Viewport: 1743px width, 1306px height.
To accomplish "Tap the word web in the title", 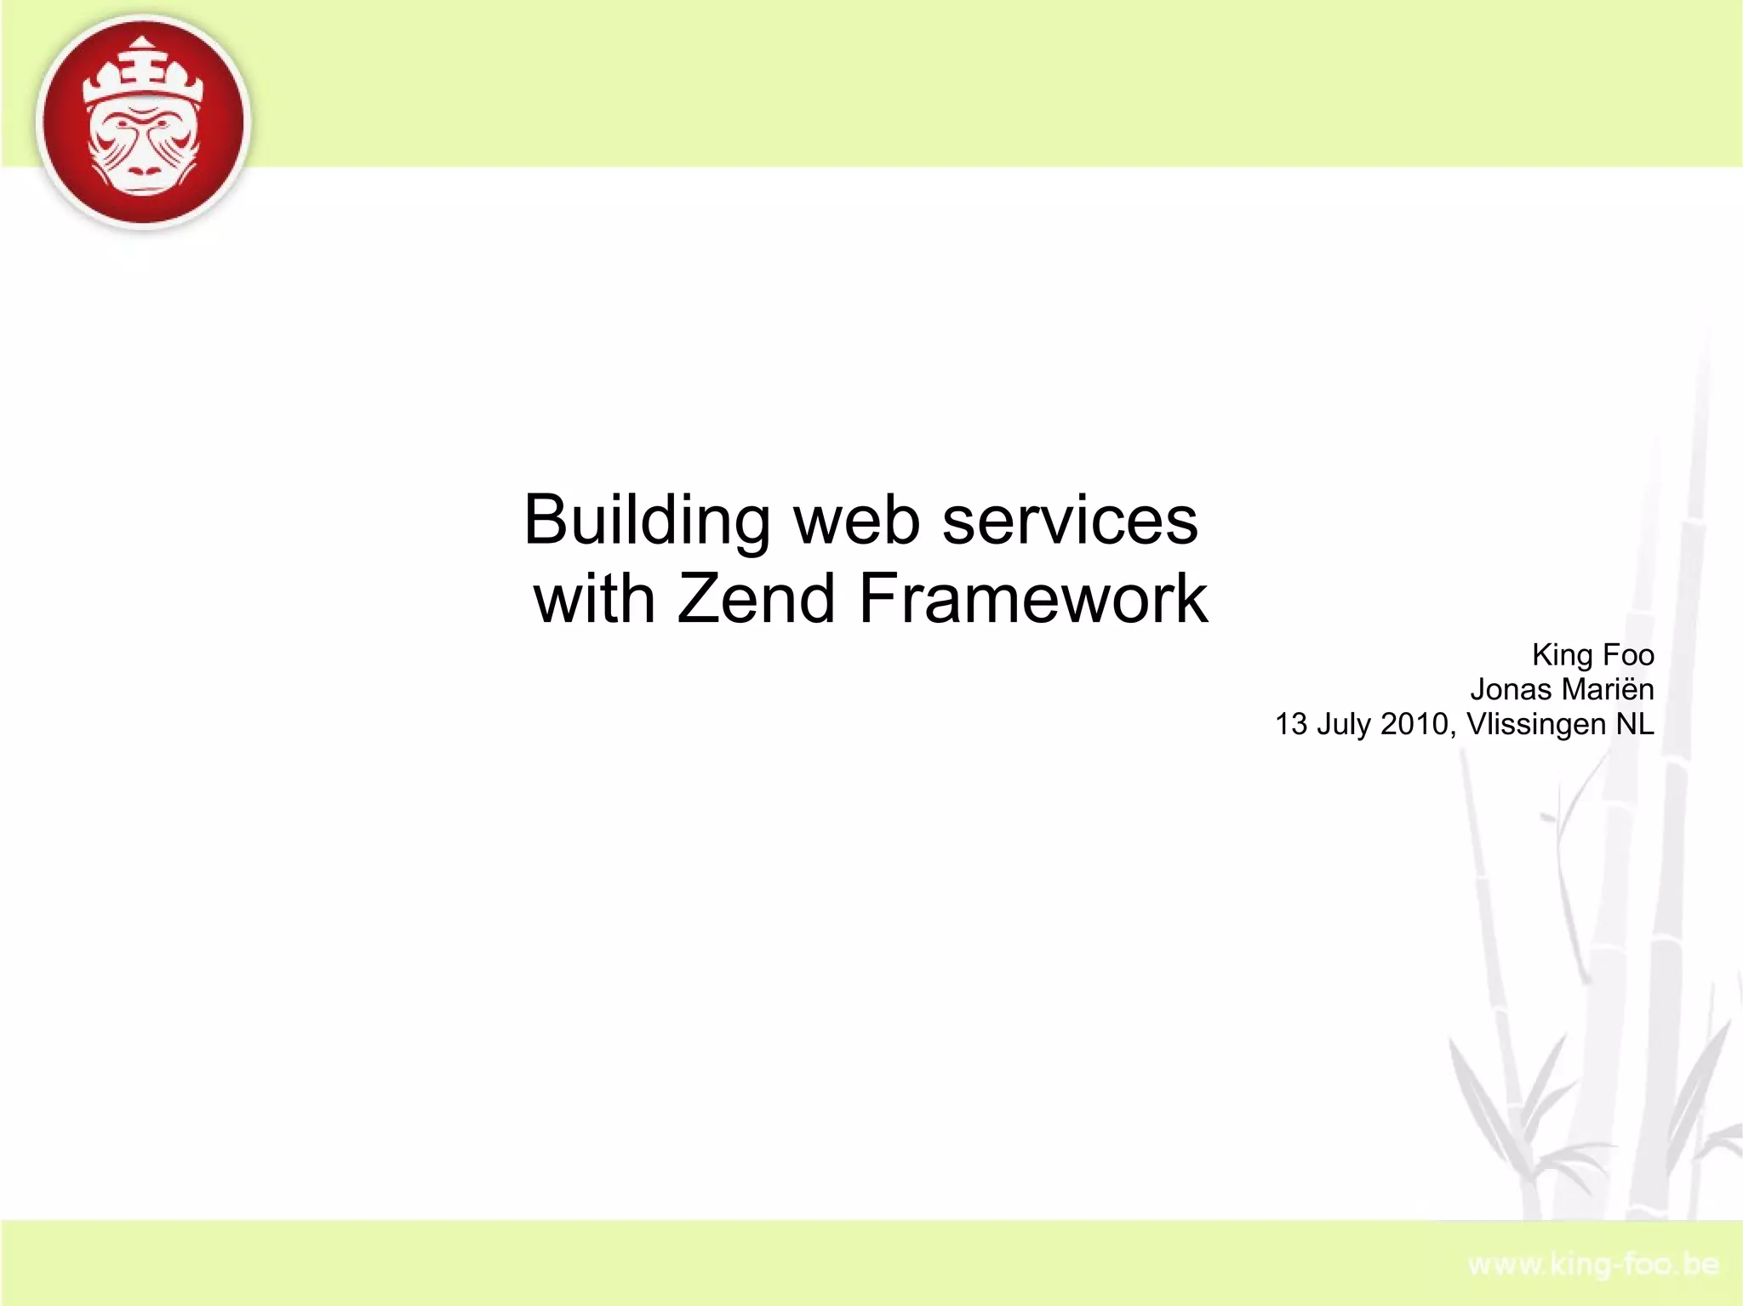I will tap(857, 521).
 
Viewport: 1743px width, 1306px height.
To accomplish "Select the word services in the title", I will tap(1070, 521).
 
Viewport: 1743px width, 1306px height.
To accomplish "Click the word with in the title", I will tap(594, 599).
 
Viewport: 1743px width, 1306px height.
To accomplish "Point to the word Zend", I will tap(756, 599).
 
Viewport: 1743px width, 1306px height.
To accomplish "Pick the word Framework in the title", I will tap(1033, 599).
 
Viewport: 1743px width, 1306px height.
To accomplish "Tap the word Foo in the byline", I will tap(1628, 655).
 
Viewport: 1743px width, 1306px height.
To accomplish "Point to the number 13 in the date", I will tap(1290, 724).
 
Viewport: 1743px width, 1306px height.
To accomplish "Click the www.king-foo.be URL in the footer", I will tap(1593, 1266).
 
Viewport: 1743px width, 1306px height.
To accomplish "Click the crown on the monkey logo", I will tap(144, 77).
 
